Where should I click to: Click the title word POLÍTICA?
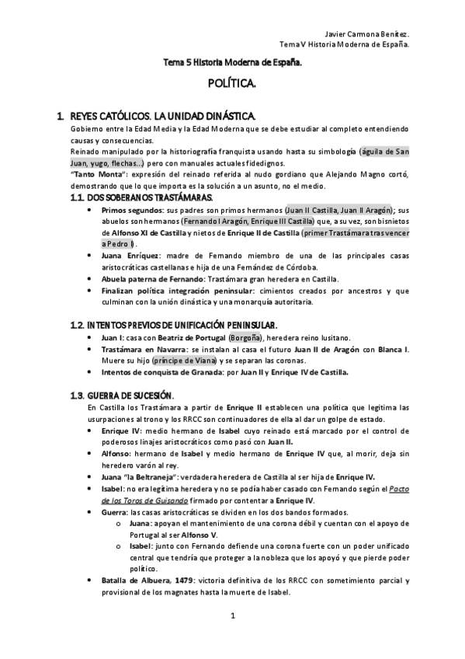click(232, 81)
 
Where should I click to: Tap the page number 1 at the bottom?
click(232, 616)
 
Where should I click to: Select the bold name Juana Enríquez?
click(129, 255)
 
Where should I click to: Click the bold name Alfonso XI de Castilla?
click(147, 232)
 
